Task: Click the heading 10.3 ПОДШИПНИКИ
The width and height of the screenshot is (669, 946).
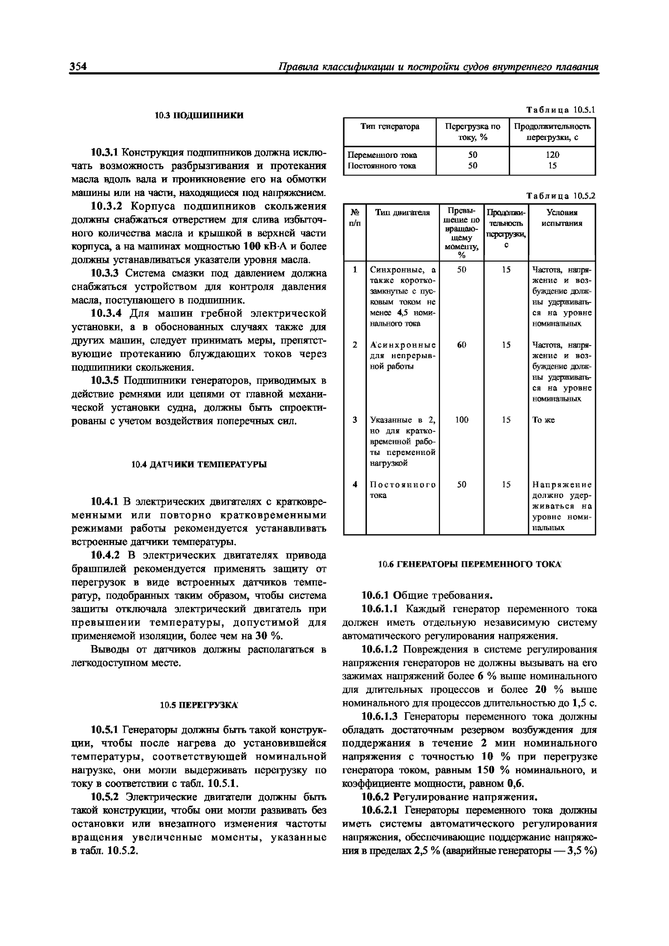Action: pyautogui.click(x=199, y=115)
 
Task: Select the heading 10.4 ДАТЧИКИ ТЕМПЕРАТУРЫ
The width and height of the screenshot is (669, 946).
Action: pyautogui.click(x=199, y=464)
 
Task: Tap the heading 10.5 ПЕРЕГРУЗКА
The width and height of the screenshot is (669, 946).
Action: pyautogui.click(x=199, y=705)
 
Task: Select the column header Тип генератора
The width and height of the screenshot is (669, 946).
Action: pyautogui.click(x=390, y=126)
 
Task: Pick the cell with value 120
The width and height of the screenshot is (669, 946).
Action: pyautogui.click(x=552, y=155)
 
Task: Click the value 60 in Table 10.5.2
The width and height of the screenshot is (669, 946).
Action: pyautogui.click(x=461, y=344)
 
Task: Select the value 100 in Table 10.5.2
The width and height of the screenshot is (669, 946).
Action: pyautogui.click(x=461, y=419)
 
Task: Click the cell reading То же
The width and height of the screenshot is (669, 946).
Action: pyautogui.click(x=543, y=420)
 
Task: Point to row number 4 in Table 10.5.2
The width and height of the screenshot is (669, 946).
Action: pyautogui.click(x=354, y=485)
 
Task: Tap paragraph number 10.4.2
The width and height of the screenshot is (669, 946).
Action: pyautogui.click(x=105, y=556)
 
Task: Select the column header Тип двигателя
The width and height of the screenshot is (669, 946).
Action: pyautogui.click(x=402, y=212)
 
